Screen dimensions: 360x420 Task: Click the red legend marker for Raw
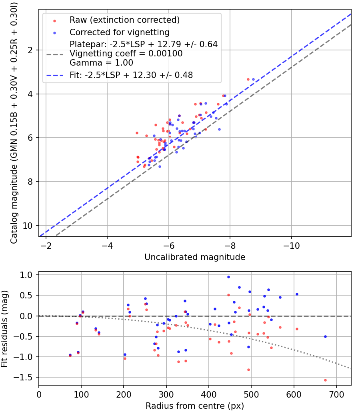55,21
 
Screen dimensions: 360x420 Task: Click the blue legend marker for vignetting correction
55,33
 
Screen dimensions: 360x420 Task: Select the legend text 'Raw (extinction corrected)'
124,20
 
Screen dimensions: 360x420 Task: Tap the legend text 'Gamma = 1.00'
101,63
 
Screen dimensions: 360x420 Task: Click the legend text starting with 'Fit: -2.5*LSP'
131,75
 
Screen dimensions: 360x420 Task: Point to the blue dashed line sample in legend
55,76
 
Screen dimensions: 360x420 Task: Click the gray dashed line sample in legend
55,54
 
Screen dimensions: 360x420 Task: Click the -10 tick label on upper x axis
292,246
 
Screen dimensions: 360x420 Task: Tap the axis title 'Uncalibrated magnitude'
195,257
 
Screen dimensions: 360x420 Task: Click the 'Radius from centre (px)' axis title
195,406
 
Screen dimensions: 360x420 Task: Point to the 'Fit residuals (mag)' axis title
4,329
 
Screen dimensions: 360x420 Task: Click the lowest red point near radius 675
325,380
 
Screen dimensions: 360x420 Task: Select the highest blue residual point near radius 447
228,277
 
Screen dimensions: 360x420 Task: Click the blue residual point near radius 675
325,336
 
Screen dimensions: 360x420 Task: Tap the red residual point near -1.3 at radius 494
248,370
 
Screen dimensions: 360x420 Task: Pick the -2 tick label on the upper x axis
46,246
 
